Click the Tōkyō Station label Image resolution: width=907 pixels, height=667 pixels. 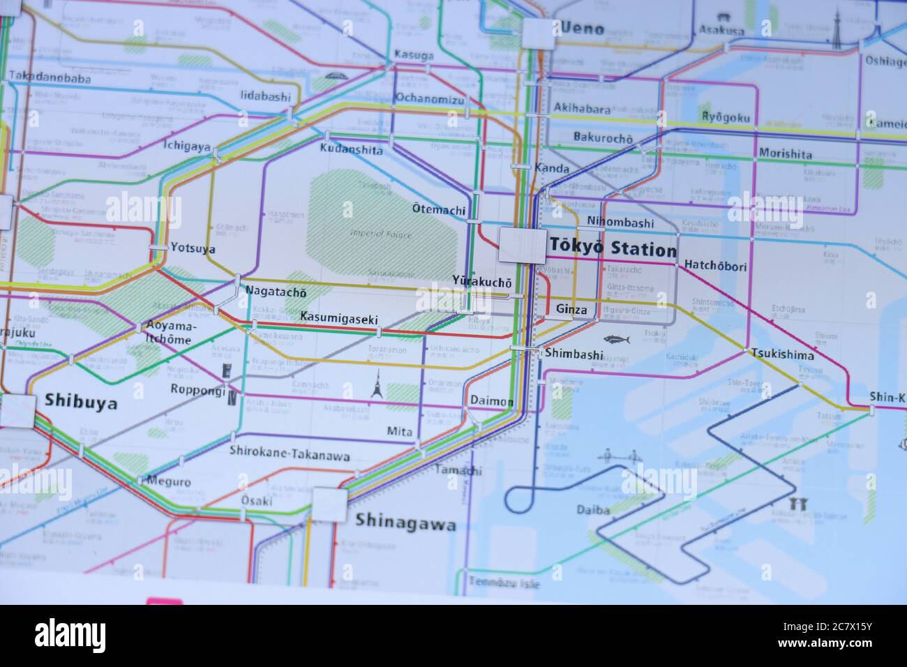pyautogui.click(x=613, y=248)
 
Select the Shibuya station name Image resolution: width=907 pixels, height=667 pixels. pyautogui.click(x=80, y=401)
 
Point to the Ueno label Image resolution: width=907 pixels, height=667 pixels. pyautogui.click(x=581, y=30)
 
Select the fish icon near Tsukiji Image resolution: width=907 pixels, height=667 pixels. pyautogui.click(x=617, y=340)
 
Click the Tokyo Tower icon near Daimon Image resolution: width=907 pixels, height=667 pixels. pyautogui.click(x=377, y=384)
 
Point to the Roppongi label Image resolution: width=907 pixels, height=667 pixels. pyautogui.click(x=198, y=390)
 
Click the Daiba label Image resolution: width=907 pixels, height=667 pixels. pyautogui.click(x=593, y=510)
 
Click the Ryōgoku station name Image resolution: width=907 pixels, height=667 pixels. pyautogui.click(x=726, y=117)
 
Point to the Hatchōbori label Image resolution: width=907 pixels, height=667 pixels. pyautogui.click(x=715, y=266)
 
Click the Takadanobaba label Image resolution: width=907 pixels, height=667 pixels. pyautogui.click(x=50, y=78)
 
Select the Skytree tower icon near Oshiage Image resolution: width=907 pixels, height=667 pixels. pyautogui.click(x=837, y=31)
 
